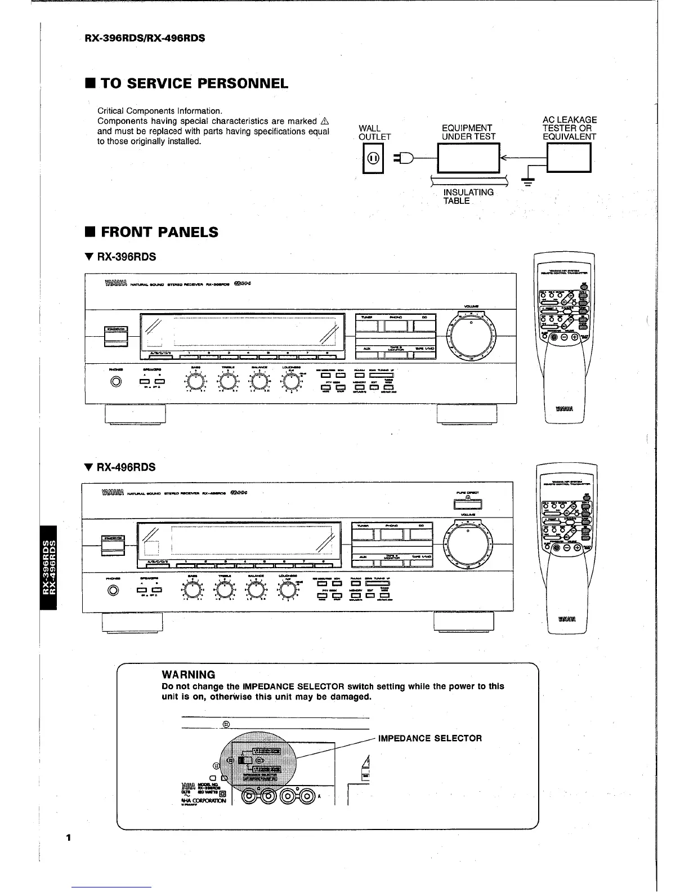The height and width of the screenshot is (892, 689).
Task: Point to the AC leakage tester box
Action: (569, 158)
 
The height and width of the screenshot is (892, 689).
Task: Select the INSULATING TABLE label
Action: (468, 197)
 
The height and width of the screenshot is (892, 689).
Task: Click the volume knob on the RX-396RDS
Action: (471, 334)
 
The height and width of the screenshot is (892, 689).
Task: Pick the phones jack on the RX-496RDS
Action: (114, 590)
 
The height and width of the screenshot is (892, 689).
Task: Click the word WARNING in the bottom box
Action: (188, 675)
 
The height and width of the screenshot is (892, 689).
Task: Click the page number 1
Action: (68, 837)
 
